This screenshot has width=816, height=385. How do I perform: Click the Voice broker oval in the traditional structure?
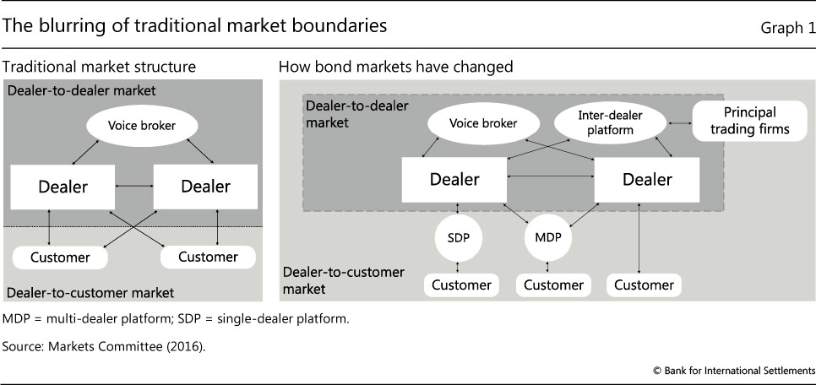pos(142,126)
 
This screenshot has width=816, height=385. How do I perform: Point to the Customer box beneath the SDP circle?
pos(461,285)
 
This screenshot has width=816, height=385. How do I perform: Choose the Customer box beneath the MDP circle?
pos(553,285)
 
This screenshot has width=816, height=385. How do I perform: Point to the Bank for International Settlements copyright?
pos(733,371)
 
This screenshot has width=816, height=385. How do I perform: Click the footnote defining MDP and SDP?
pos(175,319)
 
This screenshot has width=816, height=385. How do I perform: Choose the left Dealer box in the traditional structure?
pos(63,186)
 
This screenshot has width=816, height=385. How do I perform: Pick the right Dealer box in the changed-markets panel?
pos(647,179)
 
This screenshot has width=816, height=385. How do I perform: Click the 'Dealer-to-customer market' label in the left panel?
pos(90,293)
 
